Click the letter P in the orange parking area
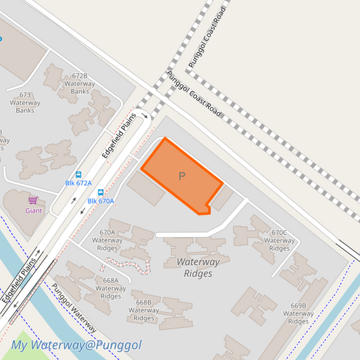click(x=182, y=176)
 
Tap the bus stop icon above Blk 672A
click(x=78, y=174)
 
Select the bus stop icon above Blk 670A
click(x=101, y=192)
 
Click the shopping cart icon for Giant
click(x=32, y=201)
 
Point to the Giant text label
click(x=34, y=210)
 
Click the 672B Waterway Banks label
click(x=80, y=84)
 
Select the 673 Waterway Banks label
click(x=25, y=103)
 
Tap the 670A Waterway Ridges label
click(x=107, y=240)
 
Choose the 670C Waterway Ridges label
click(x=279, y=240)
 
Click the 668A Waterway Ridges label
click(x=111, y=288)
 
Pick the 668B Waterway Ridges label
click(x=143, y=311)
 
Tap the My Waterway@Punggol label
click(x=76, y=345)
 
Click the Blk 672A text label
click(x=78, y=183)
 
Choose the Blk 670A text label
click(x=101, y=201)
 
